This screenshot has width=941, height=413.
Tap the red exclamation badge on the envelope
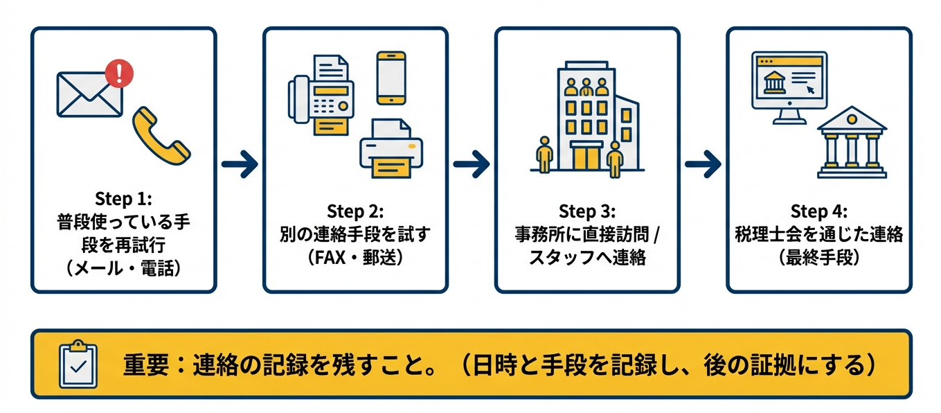pos(119,73)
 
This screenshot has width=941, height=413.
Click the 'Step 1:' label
pos(123,199)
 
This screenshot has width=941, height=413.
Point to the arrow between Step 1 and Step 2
pos(240,164)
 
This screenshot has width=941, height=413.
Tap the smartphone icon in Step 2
pos(391,78)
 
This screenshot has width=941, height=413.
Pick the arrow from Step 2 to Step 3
pos(472,164)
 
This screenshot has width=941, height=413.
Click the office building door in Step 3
pos(587,157)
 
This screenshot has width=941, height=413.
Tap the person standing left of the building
pos(545,154)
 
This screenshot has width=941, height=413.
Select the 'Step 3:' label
pos(586,211)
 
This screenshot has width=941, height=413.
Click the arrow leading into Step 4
pos(703,164)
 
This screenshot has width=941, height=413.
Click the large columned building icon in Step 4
pos(852,143)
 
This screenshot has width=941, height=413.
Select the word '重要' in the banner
pos(146,364)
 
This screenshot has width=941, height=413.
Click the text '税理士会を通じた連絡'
pos(818,234)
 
